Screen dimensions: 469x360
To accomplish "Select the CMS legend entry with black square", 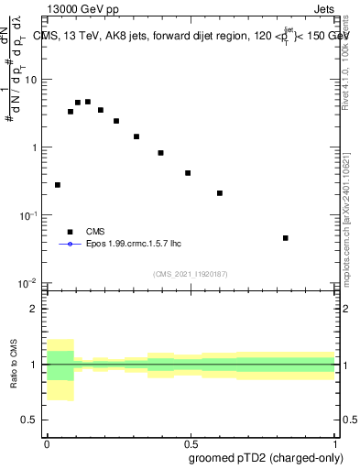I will coord(96,232).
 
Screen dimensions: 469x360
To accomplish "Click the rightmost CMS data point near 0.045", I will coord(286,238).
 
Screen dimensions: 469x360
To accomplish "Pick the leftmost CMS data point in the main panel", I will coord(58,185).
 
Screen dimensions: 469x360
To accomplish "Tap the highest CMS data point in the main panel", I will coord(88,102).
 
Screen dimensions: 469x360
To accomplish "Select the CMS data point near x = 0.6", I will coord(220,193).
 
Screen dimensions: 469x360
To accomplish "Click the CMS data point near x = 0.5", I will coord(188,173).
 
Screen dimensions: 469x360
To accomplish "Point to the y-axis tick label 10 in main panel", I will coord(30,80).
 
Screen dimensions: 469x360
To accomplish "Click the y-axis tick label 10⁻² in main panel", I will coord(28,283).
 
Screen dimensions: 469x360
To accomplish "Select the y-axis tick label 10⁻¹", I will coord(28,215).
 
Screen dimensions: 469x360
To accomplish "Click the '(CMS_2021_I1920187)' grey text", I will coord(190,273).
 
